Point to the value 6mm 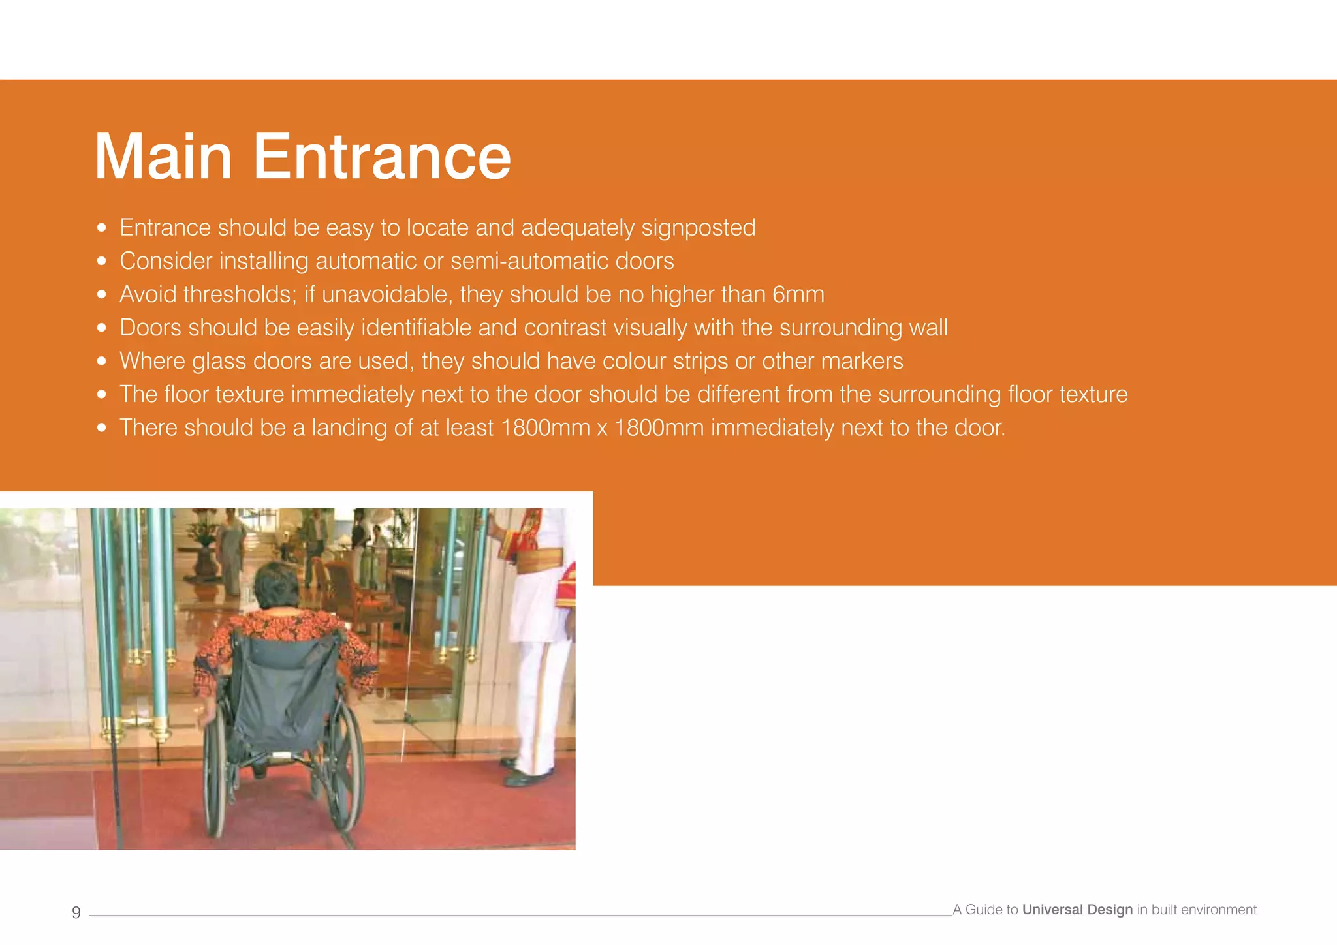click(x=798, y=294)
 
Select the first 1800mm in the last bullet click(x=545, y=428)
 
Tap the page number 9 click(x=76, y=912)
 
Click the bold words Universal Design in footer click(x=1077, y=910)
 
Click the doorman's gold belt click(x=539, y=560)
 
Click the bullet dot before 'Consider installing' click(x=101, y=261)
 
